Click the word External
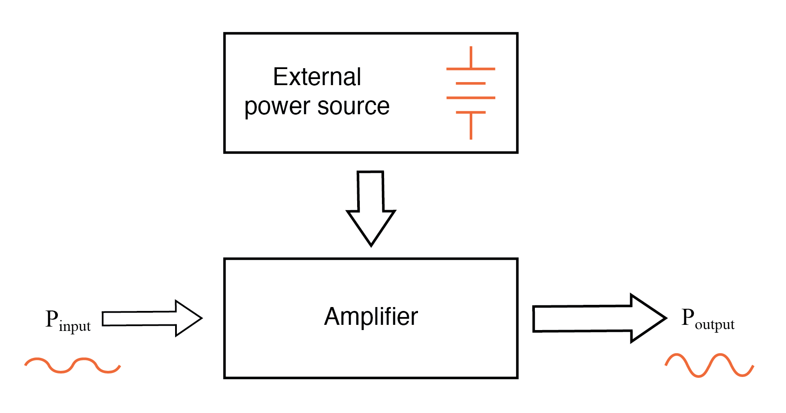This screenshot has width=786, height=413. pyautogui.click(x=317, y=77)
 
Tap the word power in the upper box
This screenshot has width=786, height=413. pyautogui.click(x=277, y=107)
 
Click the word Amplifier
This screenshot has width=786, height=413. pyautogui.click(x=371, y=316)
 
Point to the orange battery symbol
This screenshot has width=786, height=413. pyautogui.click(x=471, y=93)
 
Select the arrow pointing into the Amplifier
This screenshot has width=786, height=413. pyautogui.click(x=152, y=318)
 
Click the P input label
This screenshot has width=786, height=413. pyautogui.click(x=68, y=320)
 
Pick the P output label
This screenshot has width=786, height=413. pyautogui.click(x=707, y=319)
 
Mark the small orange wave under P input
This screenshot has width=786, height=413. pyautogui.click(x=72, y=366)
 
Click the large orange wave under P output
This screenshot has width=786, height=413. pyautogui.click(x=709, y=365)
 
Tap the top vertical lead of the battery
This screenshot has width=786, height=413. pyautogui.click(x=471, y=57)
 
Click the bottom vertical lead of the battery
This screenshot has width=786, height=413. pyautogui.click(x=471, y=126)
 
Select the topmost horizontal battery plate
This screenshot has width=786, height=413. pyautogui.click(x=471, y=69)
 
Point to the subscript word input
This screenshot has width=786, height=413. pyautogui.click(x=75, y=326)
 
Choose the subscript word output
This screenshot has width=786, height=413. pyautogui.click(x=714, y=324)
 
